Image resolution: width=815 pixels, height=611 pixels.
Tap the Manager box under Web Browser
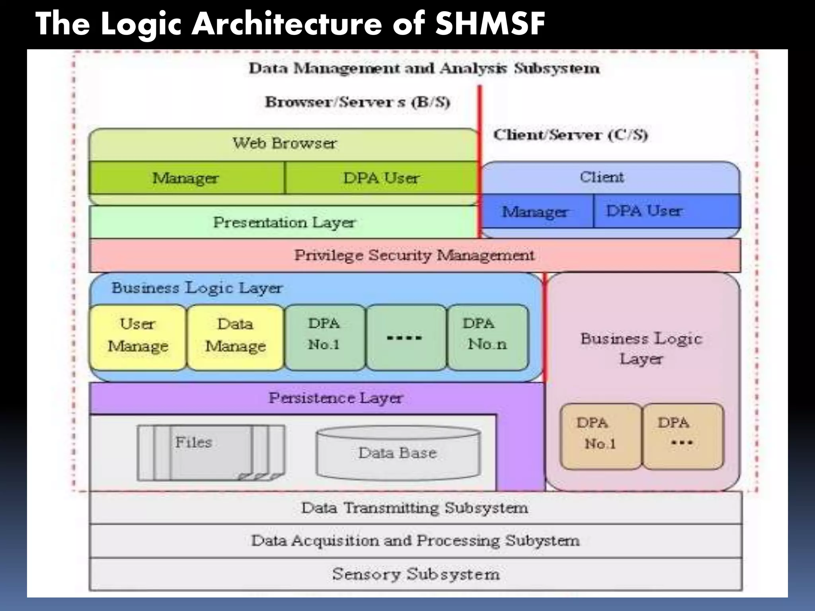186,178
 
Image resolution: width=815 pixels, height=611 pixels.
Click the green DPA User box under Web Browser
381,178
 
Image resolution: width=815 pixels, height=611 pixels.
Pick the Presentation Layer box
284,222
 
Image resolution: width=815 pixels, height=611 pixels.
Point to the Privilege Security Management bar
414,255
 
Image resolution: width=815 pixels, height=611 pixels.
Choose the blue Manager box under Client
535,211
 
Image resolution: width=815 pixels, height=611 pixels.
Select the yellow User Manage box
138,337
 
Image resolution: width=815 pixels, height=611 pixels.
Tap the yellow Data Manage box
235,337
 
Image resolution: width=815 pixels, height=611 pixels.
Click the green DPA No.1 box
324,337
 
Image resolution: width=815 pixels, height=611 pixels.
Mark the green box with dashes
405,337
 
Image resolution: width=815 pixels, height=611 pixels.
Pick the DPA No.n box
487,337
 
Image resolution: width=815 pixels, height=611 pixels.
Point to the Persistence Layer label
335,398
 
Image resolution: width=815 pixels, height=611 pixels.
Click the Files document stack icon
211,453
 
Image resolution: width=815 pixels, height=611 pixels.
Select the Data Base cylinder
398,453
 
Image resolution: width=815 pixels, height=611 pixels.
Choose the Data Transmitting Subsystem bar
415,508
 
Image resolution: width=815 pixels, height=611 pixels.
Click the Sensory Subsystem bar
415,574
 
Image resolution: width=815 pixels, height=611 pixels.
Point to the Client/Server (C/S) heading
571,135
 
